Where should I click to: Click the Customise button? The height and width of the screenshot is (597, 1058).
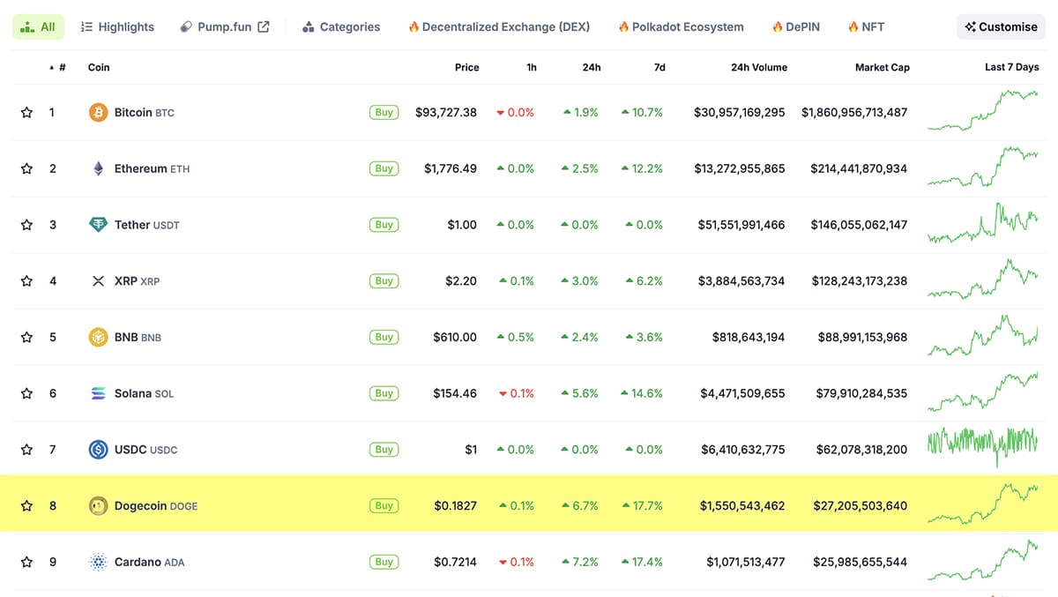click(x=1001, y=26)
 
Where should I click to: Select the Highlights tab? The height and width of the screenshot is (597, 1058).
click(x=117, y=26)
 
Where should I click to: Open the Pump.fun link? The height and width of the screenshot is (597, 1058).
click(x=225, y=26)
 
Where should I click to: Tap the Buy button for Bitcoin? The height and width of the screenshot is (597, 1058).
click(x=384, y=112)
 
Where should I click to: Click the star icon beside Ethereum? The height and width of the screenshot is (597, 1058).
click(x=26, y=168)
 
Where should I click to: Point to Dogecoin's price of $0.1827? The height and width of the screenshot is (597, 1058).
click(x=455, y=506)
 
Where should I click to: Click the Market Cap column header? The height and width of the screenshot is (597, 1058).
click(x=882, y=67)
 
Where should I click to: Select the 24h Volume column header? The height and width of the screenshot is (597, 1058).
click(x=758, y=67)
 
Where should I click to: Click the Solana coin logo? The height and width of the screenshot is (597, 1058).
click(x=99, y=393)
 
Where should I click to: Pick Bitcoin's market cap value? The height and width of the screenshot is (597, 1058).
click(x=853, y=112)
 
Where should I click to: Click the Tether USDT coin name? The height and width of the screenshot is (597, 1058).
click(x=146, y=225)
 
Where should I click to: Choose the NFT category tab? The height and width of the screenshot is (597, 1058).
click(x=866, y=26)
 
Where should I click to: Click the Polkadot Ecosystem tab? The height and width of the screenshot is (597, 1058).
click(x=681, y=26)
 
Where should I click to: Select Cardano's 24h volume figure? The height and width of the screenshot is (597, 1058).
click(x=745, y=562)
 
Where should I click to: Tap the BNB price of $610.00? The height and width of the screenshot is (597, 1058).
click(x=455, y=337)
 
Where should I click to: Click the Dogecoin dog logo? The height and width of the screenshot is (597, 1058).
click(x=99, y=506)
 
